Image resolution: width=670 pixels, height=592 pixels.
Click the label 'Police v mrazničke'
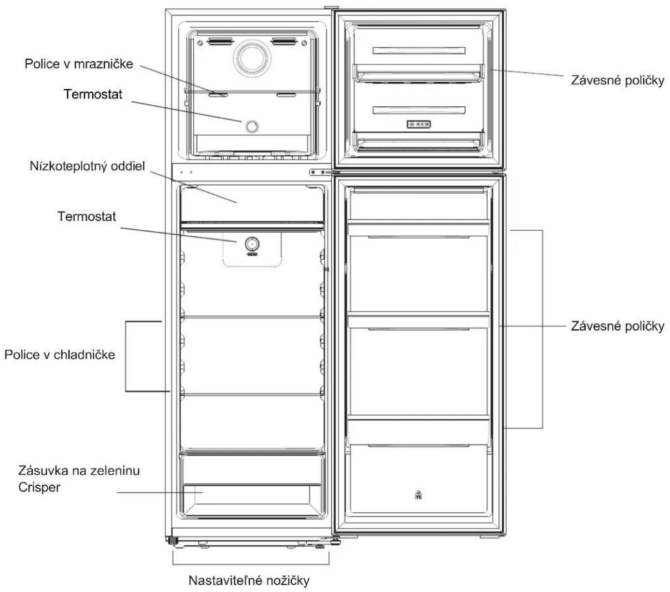(x=79, y=64)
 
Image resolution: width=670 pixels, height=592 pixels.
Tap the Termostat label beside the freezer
(x=93, y=94)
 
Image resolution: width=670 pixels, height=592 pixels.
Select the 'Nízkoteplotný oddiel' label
(x=87, y=166)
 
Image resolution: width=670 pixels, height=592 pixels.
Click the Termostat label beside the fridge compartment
(x=86, y=216)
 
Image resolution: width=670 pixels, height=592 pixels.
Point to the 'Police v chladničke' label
(x=60, y=355)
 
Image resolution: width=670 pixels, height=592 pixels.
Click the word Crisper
(x=39, y=488)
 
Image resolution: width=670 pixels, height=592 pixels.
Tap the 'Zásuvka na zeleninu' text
(x=79, y=471)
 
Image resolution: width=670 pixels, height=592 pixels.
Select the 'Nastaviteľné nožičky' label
(x=249, y=580)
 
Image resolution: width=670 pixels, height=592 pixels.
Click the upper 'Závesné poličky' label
(x=617, y=81)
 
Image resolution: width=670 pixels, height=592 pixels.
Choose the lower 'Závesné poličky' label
(x=617, y=326)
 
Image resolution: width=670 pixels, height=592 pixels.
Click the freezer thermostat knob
(x=252, y=126)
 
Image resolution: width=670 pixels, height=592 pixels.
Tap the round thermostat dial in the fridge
(x=252, y=244)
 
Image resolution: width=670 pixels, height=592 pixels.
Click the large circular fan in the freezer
(x=252, y=58)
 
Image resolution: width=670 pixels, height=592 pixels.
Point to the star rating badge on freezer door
(x=419, y=124)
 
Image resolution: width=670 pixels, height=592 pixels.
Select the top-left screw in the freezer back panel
(x=200, y=43)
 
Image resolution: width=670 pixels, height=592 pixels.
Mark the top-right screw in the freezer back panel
(x=304, y=43)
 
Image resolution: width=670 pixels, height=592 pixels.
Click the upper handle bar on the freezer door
(x=419, y=51)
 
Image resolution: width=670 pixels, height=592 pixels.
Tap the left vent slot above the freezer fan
(x=221, y=42)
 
